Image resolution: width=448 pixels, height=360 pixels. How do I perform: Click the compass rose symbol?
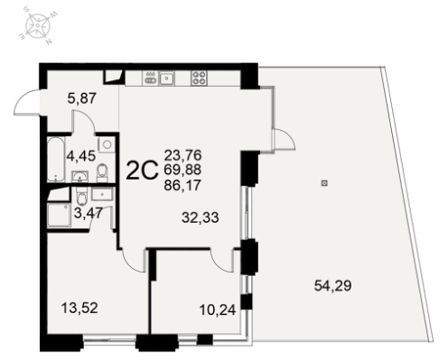(x=37, y=25)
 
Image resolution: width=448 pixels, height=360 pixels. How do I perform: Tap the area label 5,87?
(x=82, y=98)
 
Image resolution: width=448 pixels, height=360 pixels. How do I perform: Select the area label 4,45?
(x=81, y=156)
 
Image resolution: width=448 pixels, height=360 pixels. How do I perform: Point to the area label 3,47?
(x=89, y=213)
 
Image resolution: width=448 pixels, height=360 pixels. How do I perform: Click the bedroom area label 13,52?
(x=79, y=308)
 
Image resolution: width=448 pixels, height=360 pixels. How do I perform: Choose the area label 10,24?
(x=218, y=309)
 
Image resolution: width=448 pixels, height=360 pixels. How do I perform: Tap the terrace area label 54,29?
(x=332, y=285)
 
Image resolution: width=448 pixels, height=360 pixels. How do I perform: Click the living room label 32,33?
(x=201, y=217)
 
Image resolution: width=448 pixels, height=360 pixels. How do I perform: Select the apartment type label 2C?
(x=142, y=171)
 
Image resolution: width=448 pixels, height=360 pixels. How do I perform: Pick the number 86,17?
(x=182, y=185)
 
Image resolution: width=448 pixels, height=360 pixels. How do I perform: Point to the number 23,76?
(x=182, y=155)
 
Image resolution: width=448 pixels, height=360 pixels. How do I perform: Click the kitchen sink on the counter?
(x=166, y=78)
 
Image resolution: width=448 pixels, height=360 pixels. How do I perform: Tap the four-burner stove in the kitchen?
(x=199, y=78)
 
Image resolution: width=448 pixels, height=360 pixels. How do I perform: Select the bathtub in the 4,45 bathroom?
(x=56, y=160)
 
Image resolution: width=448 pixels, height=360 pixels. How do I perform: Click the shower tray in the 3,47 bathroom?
(x=59, y=216)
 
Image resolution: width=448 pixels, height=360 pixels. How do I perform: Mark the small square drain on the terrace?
(x=324, y=183)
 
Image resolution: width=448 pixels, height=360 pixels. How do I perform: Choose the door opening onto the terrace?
(x=283, y=139)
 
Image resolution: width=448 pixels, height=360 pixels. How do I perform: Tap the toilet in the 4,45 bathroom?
(x=102, y=173)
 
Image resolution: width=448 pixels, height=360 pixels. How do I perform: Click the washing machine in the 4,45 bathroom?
(x=107, y=144)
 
